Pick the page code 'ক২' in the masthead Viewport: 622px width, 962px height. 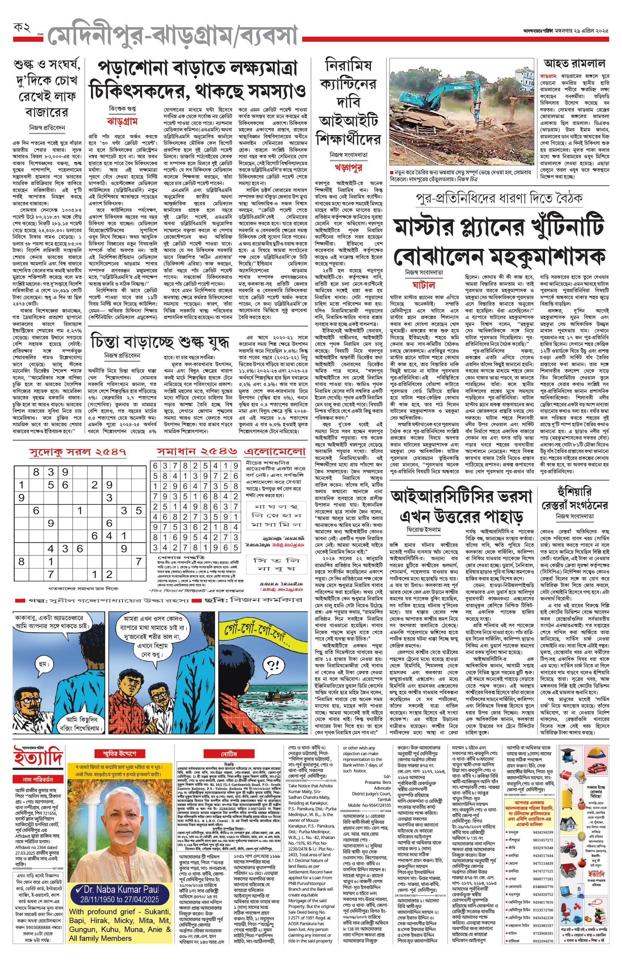[x=22, y=28]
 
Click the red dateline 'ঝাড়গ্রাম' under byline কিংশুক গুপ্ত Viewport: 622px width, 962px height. [x=122, y=121]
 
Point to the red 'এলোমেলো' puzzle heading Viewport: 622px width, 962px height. [x=275, y=451]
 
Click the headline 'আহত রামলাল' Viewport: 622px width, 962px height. [x=574, y=64]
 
